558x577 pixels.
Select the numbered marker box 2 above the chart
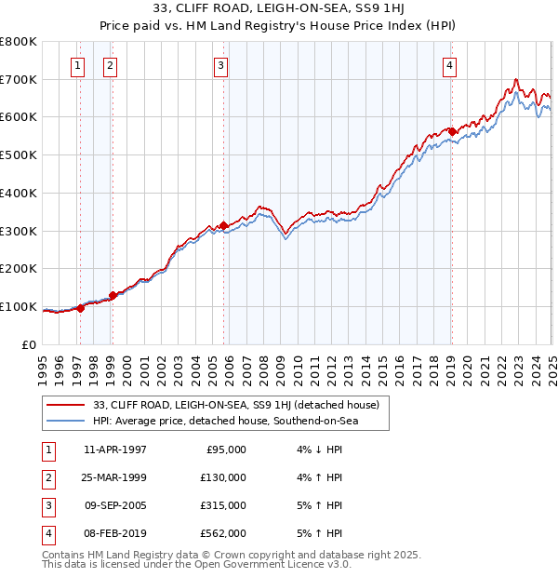pos(110,65)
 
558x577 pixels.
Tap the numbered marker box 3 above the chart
pos(220,65)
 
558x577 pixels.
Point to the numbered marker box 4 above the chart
pos(449,65)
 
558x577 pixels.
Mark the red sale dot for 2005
pos(224,225)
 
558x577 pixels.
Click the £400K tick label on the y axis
pos(18,193)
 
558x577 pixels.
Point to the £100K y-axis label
pos(18,306)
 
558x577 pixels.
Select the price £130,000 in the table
pos(223,477)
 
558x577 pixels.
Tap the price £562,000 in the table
pos(223,533)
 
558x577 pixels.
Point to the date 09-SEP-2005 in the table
pos(115,505)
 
